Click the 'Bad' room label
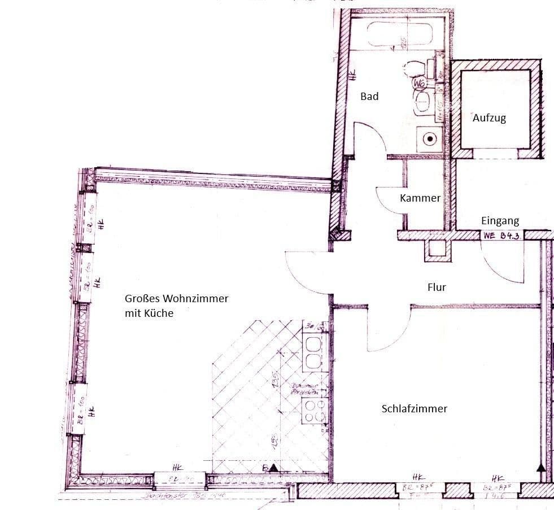[x=369, y=97]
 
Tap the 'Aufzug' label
[x=489, y=118]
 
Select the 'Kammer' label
[x=420, y=198]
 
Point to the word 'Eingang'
[x=500, y=221]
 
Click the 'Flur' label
[x=437, y=287]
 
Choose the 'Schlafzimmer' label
[x=415, y=408]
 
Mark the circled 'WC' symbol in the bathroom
[x=419, y=84]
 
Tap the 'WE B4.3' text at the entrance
[x=501, y=236]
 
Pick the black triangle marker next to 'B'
[x=274, y=468]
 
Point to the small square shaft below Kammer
[x=437, y=249]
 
